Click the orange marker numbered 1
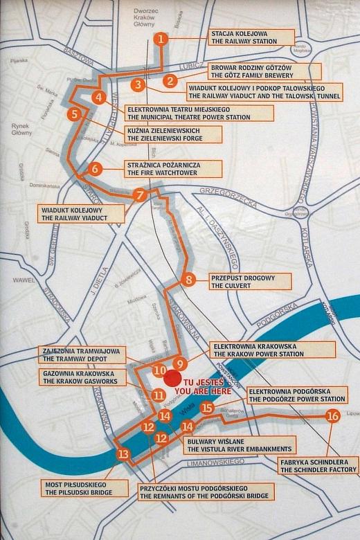161,39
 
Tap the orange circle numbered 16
332,416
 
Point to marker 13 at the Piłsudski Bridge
123,455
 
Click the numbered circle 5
74,114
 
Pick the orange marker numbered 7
141,195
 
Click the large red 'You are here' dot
172,377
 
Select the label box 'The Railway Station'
251,37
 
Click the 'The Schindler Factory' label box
319,465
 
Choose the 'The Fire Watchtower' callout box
173,169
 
